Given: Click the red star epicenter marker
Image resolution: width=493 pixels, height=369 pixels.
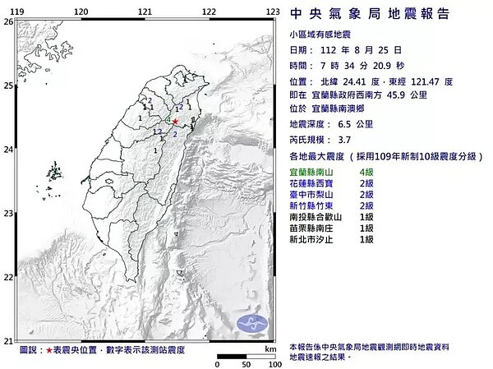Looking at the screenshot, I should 174,121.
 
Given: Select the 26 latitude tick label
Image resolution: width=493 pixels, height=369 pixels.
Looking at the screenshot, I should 7,22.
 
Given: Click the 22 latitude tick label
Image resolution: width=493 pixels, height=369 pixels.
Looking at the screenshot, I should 7,278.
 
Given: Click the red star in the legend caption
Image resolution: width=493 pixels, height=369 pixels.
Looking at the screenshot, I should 50,349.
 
